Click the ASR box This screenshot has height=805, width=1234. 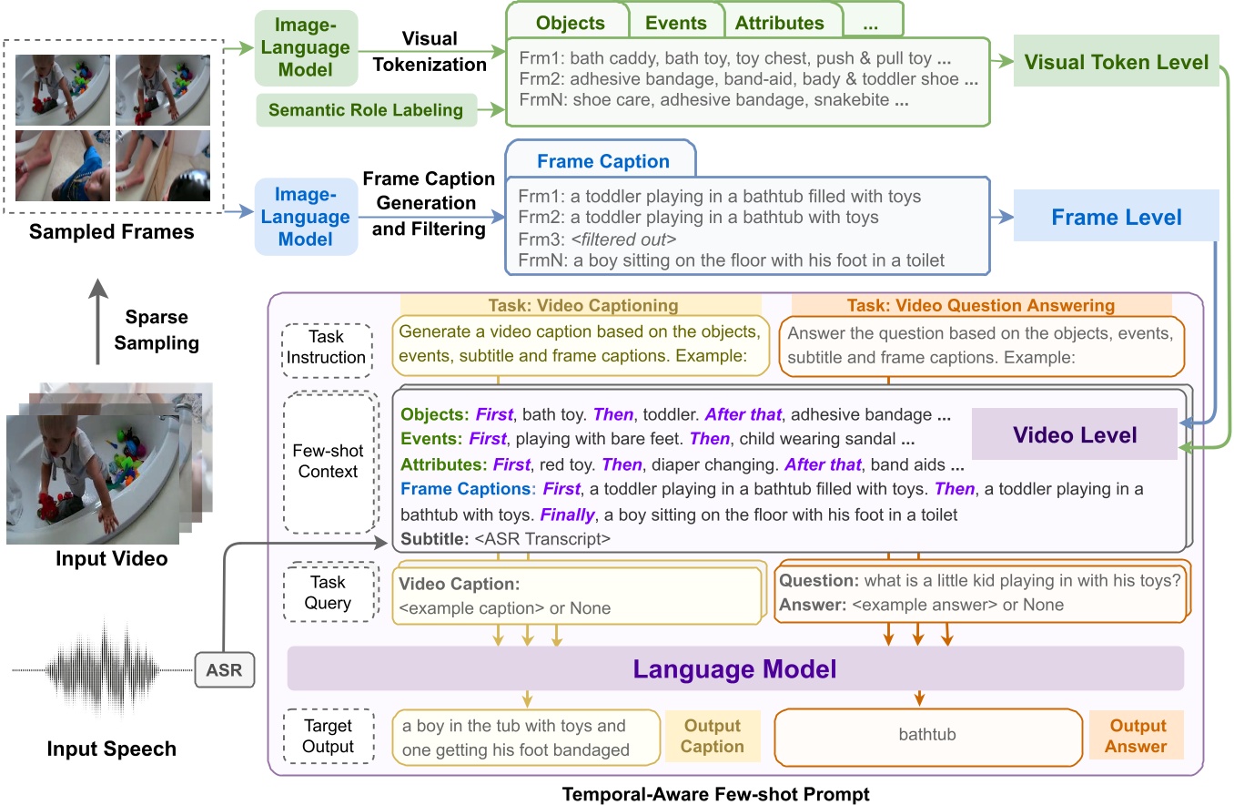[225, 672]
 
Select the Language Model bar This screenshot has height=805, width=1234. [734, 669]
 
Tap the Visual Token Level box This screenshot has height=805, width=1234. [1116, 62]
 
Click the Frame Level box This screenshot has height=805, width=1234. [1116, 217]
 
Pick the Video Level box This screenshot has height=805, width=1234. [1076, 434]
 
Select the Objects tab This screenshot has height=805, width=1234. [571, 23]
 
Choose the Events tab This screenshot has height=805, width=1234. [676, 23]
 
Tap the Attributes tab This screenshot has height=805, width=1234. [779, 23]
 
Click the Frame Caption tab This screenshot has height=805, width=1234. [602, 161]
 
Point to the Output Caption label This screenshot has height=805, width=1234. [713, 736]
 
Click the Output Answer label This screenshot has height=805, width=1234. [1137, 736]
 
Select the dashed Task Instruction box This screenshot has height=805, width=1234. [327, 348]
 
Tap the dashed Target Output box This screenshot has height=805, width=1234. [327, 736]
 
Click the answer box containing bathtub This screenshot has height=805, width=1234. [926, 734]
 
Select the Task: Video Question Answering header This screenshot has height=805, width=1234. [980, 306]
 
